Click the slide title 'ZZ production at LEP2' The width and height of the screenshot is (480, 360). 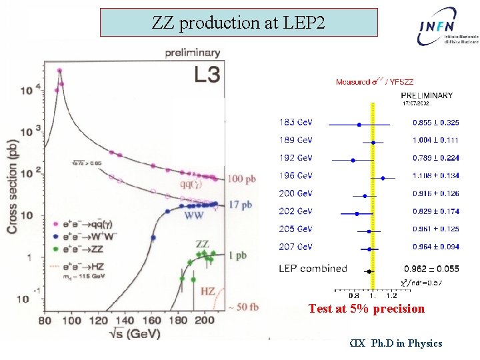click(238, 23)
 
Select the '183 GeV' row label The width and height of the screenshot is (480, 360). click(295, 123)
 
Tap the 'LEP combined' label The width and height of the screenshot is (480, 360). click(313, 269)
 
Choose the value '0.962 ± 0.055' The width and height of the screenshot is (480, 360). click(435, 269)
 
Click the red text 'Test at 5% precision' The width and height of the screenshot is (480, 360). click(366, 309)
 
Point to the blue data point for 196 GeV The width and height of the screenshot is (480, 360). click(383, 178)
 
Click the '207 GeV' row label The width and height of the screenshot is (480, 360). click(295, 247)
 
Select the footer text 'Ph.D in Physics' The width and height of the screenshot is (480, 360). click(407, 343)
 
